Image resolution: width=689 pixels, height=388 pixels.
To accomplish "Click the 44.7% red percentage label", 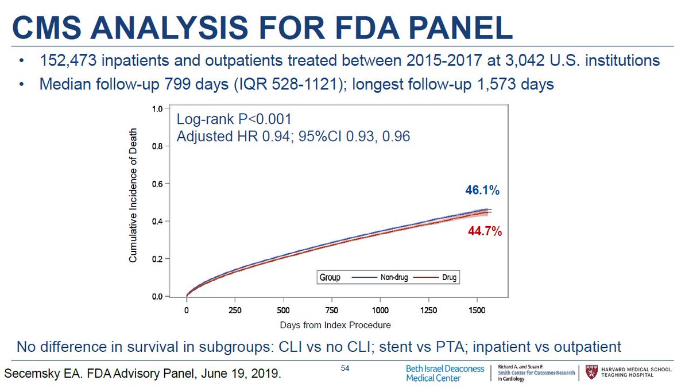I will point(484,232).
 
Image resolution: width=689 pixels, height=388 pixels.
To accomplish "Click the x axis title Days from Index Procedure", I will point(335,325).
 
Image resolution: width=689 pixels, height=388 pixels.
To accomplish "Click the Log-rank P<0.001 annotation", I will point(234,121).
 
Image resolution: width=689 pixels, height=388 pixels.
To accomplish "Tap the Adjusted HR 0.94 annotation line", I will point(293,137).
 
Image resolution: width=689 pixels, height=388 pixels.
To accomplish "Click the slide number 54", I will point(346,368).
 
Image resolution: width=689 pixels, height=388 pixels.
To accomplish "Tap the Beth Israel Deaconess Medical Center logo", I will point(444,373).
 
